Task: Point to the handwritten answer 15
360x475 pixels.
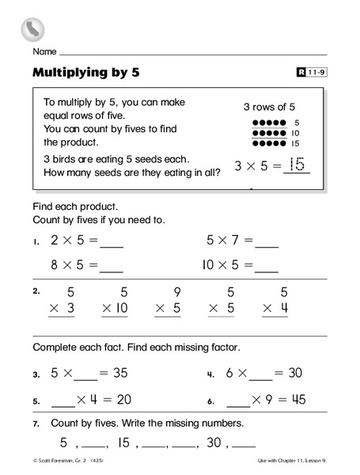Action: point(296,165)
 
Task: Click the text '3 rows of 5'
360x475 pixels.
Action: point(268,106)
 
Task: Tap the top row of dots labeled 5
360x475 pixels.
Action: point(268,123)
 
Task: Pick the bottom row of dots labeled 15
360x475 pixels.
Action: point(268,144)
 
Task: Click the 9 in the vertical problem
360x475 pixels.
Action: point(176,291)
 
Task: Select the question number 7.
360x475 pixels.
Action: point(36,424)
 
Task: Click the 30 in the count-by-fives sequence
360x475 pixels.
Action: point(213,443)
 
